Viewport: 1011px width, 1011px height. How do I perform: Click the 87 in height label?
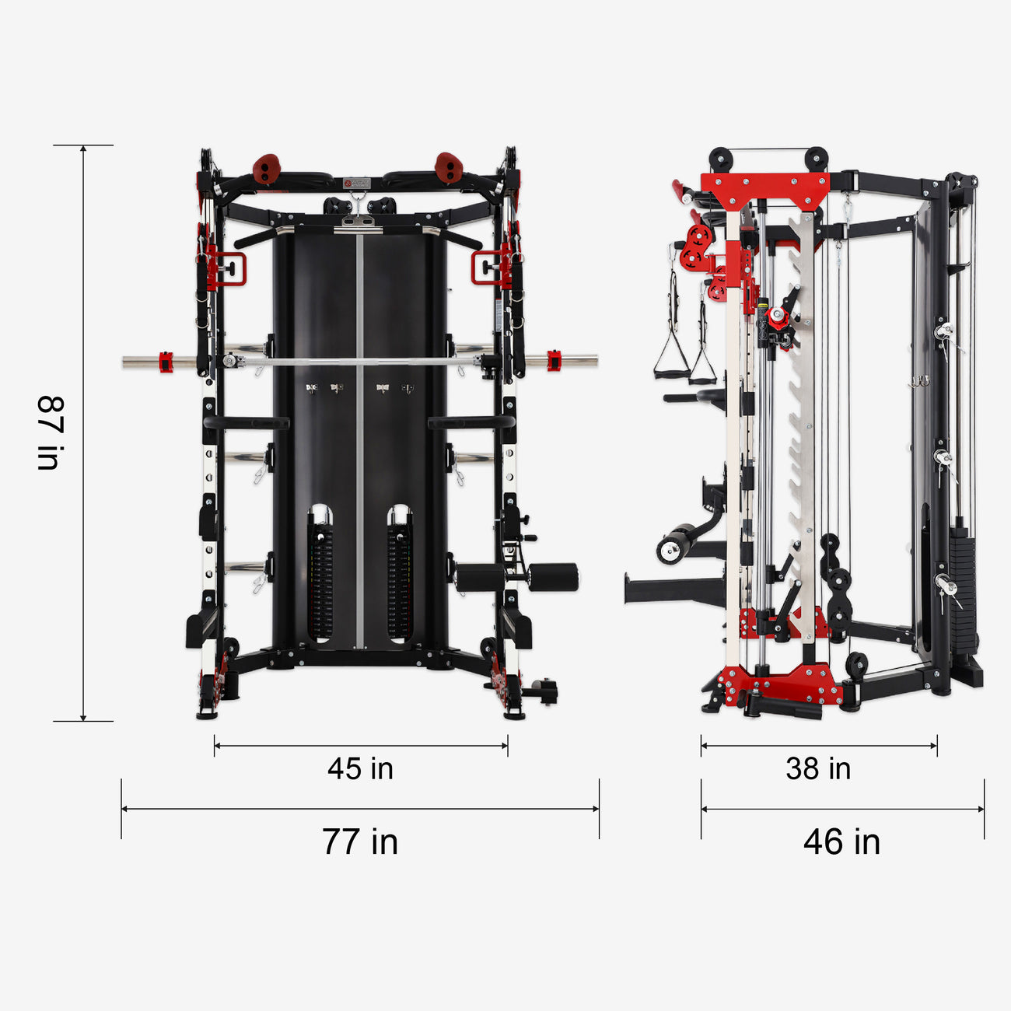coord(49,433)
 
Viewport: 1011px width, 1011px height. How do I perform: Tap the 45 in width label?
coord(360,768)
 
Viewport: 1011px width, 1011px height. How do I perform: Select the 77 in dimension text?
coord(360,841)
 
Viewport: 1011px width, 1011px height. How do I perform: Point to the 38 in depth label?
coord(818,768)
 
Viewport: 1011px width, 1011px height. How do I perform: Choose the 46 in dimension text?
coord(841,841)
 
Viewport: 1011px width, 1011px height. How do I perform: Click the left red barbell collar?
coord(165,362)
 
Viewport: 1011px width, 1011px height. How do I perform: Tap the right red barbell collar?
coord(554,361)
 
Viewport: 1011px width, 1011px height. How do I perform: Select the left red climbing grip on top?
coord(267,169)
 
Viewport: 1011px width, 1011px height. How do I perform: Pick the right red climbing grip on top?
coord(448,168)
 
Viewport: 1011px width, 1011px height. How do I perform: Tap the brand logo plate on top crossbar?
coord(357,183)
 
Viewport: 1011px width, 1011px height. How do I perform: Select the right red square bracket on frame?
coord(489,268)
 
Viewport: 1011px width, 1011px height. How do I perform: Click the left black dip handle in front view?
coord(245,423)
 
